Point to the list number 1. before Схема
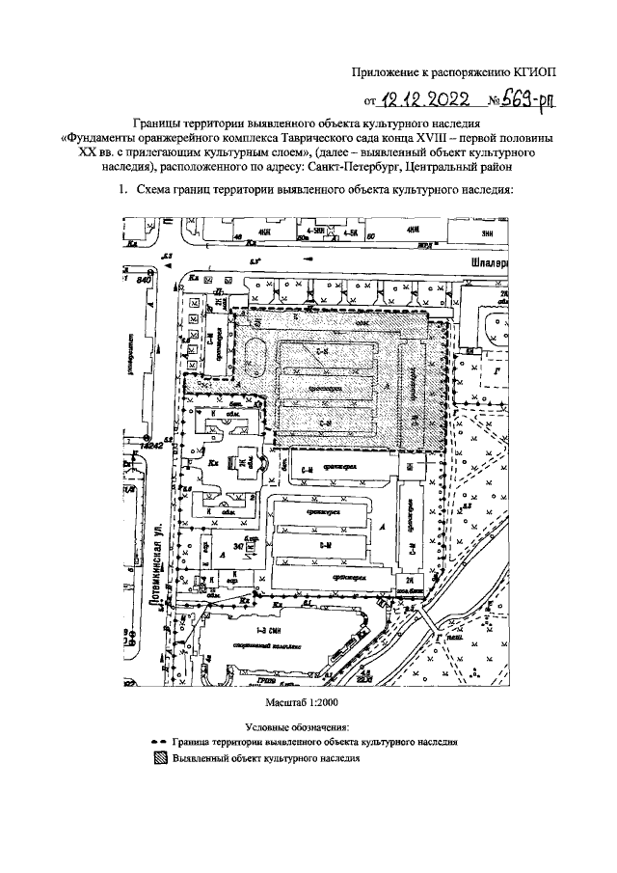[x=121, y=190]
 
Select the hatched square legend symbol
[x=160, y=758]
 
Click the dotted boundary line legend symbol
[x=160, y=743]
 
